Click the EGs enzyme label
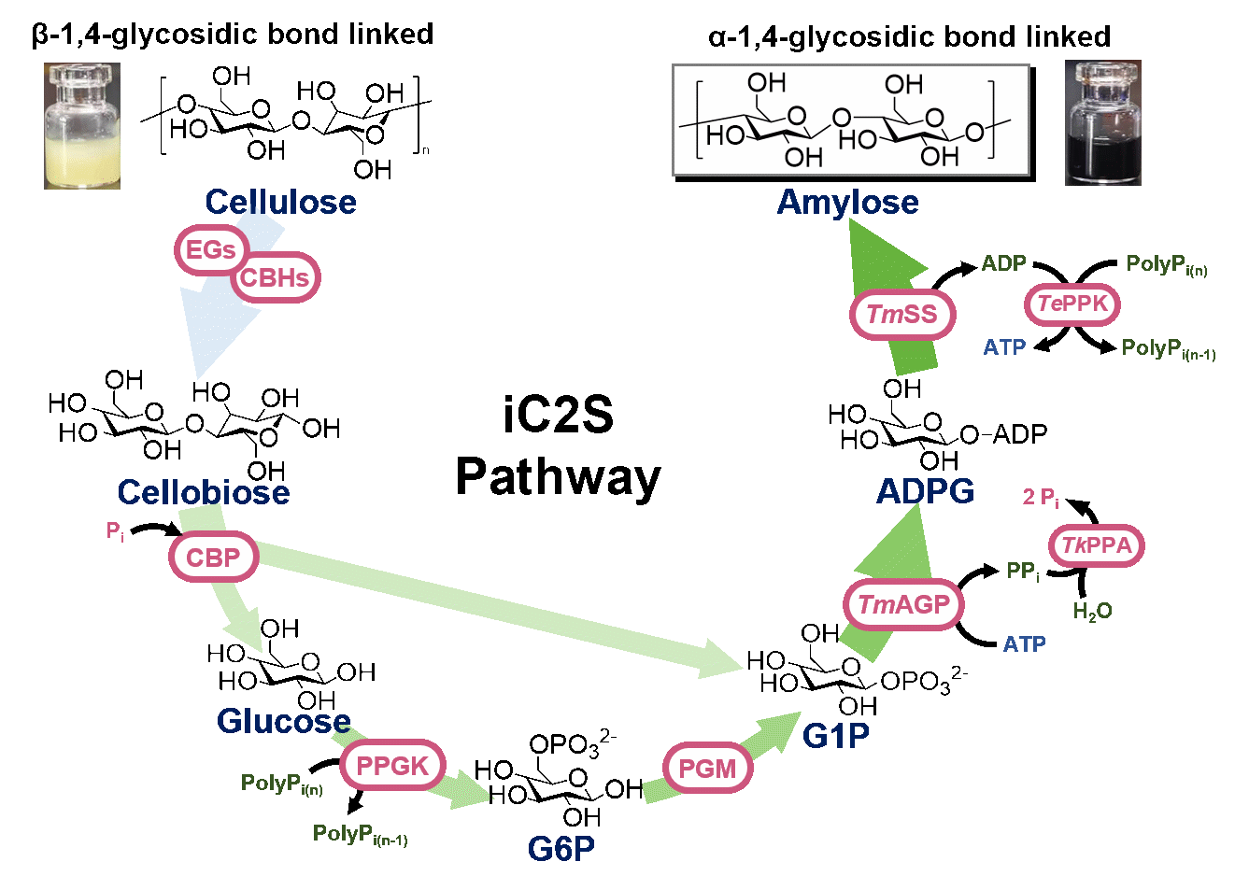pyautogui.click(x=210, y=250)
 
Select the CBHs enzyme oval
pyautogui.click(x=274, y=277)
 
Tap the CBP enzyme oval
pyautogui.click(x=213, y=558)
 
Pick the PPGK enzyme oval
pyautogui.click(x=391, y=766)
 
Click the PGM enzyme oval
pyautogui.click(x=707, y=769)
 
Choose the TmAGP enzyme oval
pyautogui.click(x=902, y=605)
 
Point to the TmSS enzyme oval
pyautogui.click(x=901, y=314)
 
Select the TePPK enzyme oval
pyautogui.click(x=1072, y=304)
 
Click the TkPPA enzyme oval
pyautogui.click(x=1097, y=545)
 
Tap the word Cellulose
pyautogui.click(x=280, y=202)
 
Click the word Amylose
pyautogui.click(x=847, y=202)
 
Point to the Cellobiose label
pyautogui.click(x=204, y=492)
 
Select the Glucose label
pyautogui.click(x=284, y=721)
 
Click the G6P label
pyautogui.click(x=561, y=848)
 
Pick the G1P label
pyautogui.click(x=835, y=736)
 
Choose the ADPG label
pyautogui.click(x=925, y=491)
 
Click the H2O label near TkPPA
pyautogui.click(x=1091, y=612)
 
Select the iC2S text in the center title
pyautogui.click(x=558, y=416)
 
